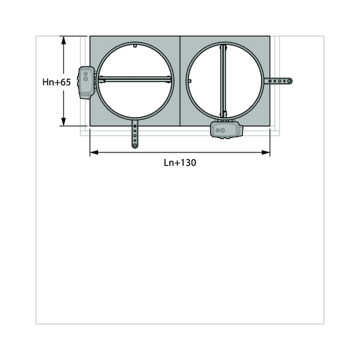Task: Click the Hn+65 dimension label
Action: [56, 82]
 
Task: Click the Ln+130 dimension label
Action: [180, 163]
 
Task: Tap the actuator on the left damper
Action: [86, 83]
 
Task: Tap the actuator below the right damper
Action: [226, 130]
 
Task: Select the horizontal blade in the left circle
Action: [135, 79]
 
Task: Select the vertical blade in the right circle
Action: [223, 81]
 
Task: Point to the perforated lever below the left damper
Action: [135, 134]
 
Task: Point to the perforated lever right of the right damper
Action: [278, 81]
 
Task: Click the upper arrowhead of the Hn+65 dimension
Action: [64, 40]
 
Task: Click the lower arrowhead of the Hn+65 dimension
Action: [64, 122]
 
